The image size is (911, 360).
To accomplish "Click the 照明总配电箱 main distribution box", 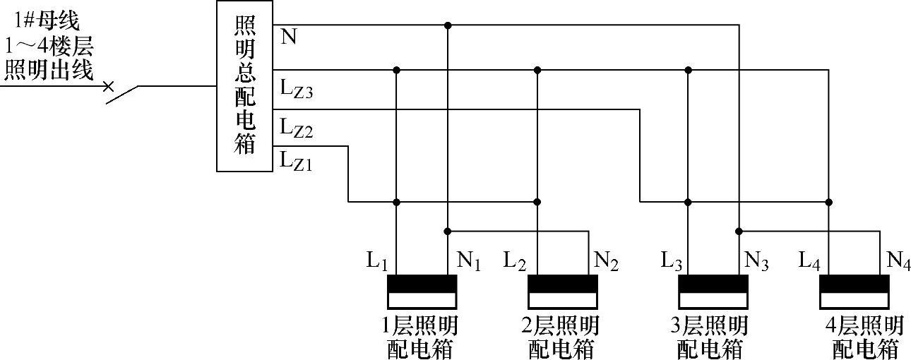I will point(244,86).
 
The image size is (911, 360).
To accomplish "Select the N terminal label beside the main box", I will point(288,37).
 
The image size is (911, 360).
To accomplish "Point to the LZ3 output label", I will point(296,89).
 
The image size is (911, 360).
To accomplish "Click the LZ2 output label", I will point(296,128).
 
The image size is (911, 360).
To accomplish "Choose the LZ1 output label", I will point(296,160).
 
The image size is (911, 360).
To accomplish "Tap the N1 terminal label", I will point(469,261).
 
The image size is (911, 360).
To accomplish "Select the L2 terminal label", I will point(515,261).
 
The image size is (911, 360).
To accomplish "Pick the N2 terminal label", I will point(607,261).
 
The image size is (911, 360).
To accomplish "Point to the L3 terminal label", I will point(672,261).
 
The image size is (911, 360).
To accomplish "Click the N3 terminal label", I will point(756,261).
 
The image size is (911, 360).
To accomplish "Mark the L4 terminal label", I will point(809,261).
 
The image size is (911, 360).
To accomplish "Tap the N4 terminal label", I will point(898,261).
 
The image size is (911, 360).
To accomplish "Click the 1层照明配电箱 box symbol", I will point(422,291).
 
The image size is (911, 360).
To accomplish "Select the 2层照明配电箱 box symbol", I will point(564,291).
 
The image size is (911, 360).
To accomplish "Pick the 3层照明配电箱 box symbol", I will point(713,291).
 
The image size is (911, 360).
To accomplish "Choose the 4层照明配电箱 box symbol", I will point(855,291).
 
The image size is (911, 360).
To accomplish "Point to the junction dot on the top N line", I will point(448,25).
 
